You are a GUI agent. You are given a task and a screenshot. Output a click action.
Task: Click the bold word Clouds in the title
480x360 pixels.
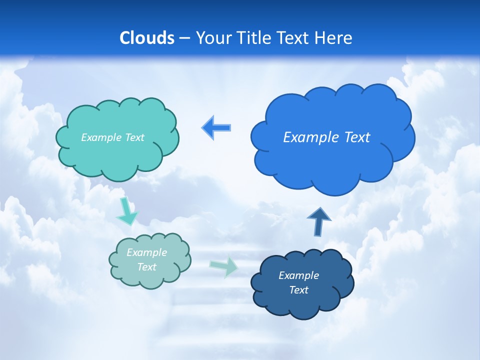[x=147, y=38]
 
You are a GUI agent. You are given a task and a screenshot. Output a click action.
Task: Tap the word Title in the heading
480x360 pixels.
[x=254, y=38]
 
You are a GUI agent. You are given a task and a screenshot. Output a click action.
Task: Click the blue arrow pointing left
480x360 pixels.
[x=216, y=128]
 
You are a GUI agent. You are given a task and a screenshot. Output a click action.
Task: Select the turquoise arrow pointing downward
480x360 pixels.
[x=127, y=211]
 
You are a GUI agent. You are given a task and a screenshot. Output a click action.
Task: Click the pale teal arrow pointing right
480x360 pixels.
[x=224, y=266]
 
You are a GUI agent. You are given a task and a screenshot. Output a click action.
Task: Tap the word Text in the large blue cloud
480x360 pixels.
[x=356, y=137]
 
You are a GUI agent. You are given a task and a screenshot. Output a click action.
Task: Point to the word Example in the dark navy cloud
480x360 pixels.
[x=298, y=275]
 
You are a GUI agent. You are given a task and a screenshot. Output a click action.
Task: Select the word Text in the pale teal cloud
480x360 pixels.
[x=146, y=267]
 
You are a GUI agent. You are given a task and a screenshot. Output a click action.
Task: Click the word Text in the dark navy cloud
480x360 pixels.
[x=298, y=290]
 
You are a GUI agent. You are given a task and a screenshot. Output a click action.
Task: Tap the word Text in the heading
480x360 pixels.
[x=296, y=38]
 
